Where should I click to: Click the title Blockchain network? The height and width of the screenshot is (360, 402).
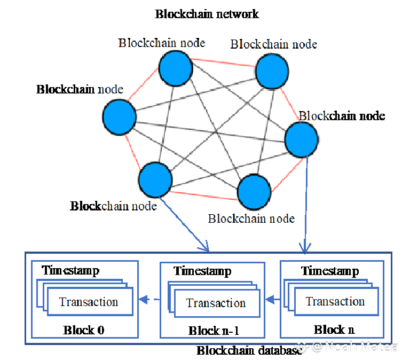207,14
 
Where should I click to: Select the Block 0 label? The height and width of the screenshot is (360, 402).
83,330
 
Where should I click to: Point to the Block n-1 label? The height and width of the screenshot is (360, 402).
214,331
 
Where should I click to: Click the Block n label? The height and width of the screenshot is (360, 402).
334,330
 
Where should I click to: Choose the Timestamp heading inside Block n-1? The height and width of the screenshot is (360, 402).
202,271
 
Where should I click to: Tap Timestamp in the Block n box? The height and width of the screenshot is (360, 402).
330,271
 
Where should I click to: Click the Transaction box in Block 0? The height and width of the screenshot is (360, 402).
89,302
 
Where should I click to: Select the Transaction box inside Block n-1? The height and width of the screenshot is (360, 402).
216,303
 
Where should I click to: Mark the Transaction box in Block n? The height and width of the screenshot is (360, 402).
335,302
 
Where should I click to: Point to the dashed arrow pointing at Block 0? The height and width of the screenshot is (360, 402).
149,300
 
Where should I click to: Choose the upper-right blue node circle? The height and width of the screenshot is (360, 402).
272,72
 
